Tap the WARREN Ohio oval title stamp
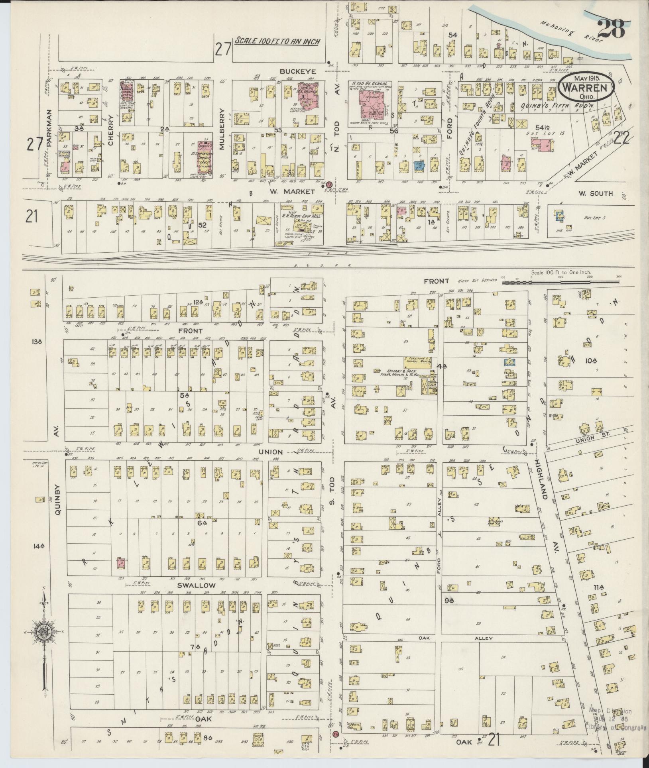(586, 87)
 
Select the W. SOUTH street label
(595, 194)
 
